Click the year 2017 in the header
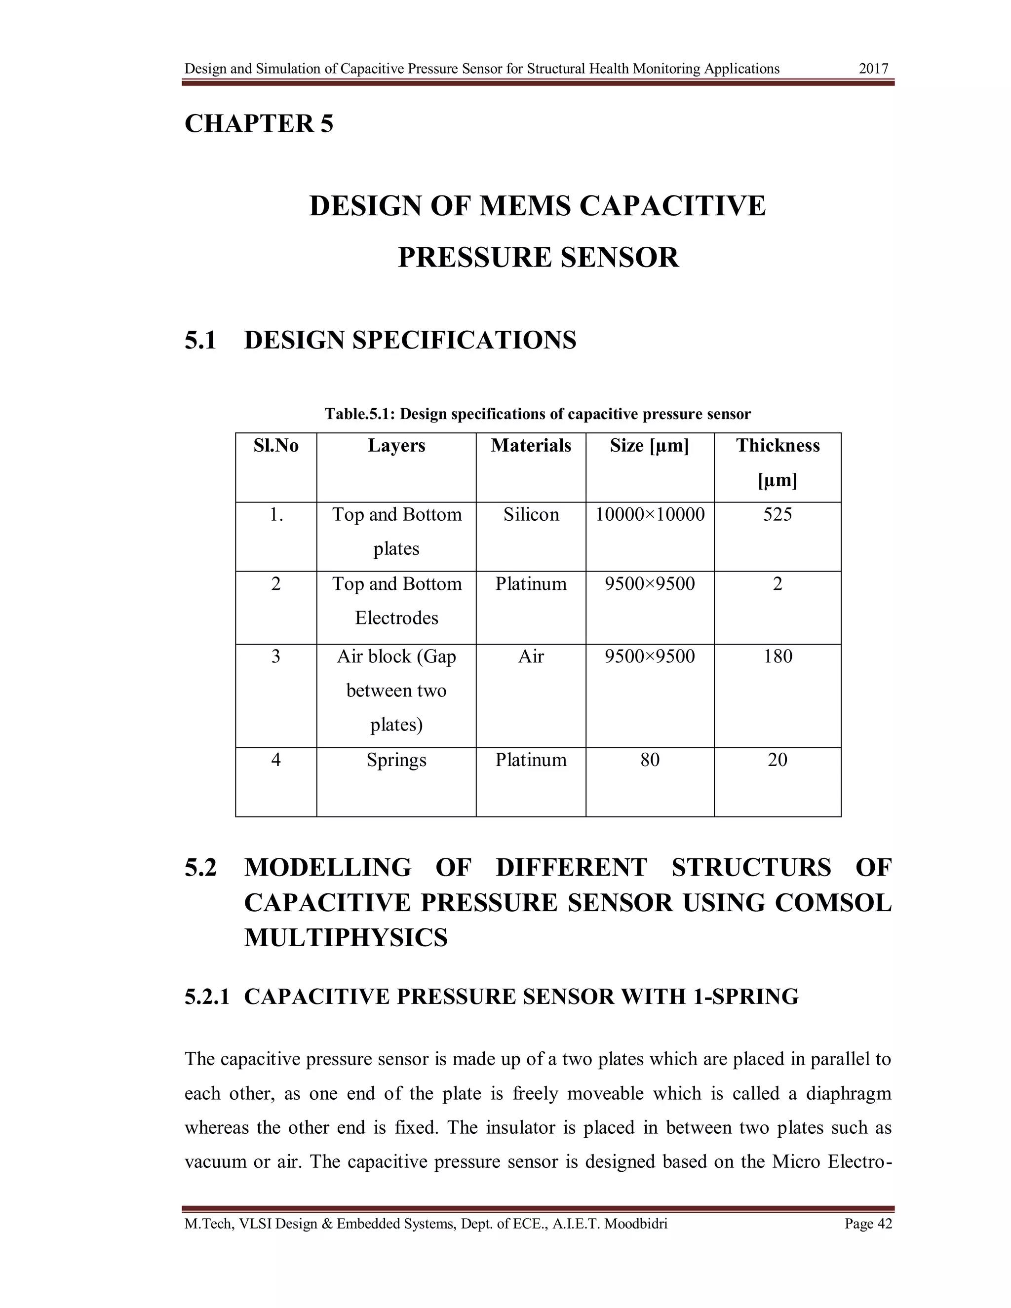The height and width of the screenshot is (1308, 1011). pos(873,69)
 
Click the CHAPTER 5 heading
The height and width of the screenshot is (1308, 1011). pos(259,124)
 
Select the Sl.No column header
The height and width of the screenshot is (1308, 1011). pos(276,446)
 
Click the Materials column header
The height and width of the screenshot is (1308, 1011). pos(531,446)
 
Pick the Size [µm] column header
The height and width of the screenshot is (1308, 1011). pos(649,446)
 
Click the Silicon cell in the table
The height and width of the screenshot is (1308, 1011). pos(531,514)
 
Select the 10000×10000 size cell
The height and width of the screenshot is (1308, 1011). pos(650,514)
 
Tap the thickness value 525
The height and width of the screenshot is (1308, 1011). pos(778,514)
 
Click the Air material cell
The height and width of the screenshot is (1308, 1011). pos(531,656)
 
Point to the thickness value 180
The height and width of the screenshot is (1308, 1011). pos(778,656)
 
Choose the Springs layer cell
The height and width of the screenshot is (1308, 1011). pos(396,760)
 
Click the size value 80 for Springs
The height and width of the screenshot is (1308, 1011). pos(650,760)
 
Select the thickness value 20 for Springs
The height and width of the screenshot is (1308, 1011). pos(778,760)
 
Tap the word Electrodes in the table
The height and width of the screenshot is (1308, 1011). pos(396,618)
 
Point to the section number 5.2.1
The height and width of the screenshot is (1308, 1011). pos(207,997)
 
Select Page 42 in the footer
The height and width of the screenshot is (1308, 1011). pos(868,1224)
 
